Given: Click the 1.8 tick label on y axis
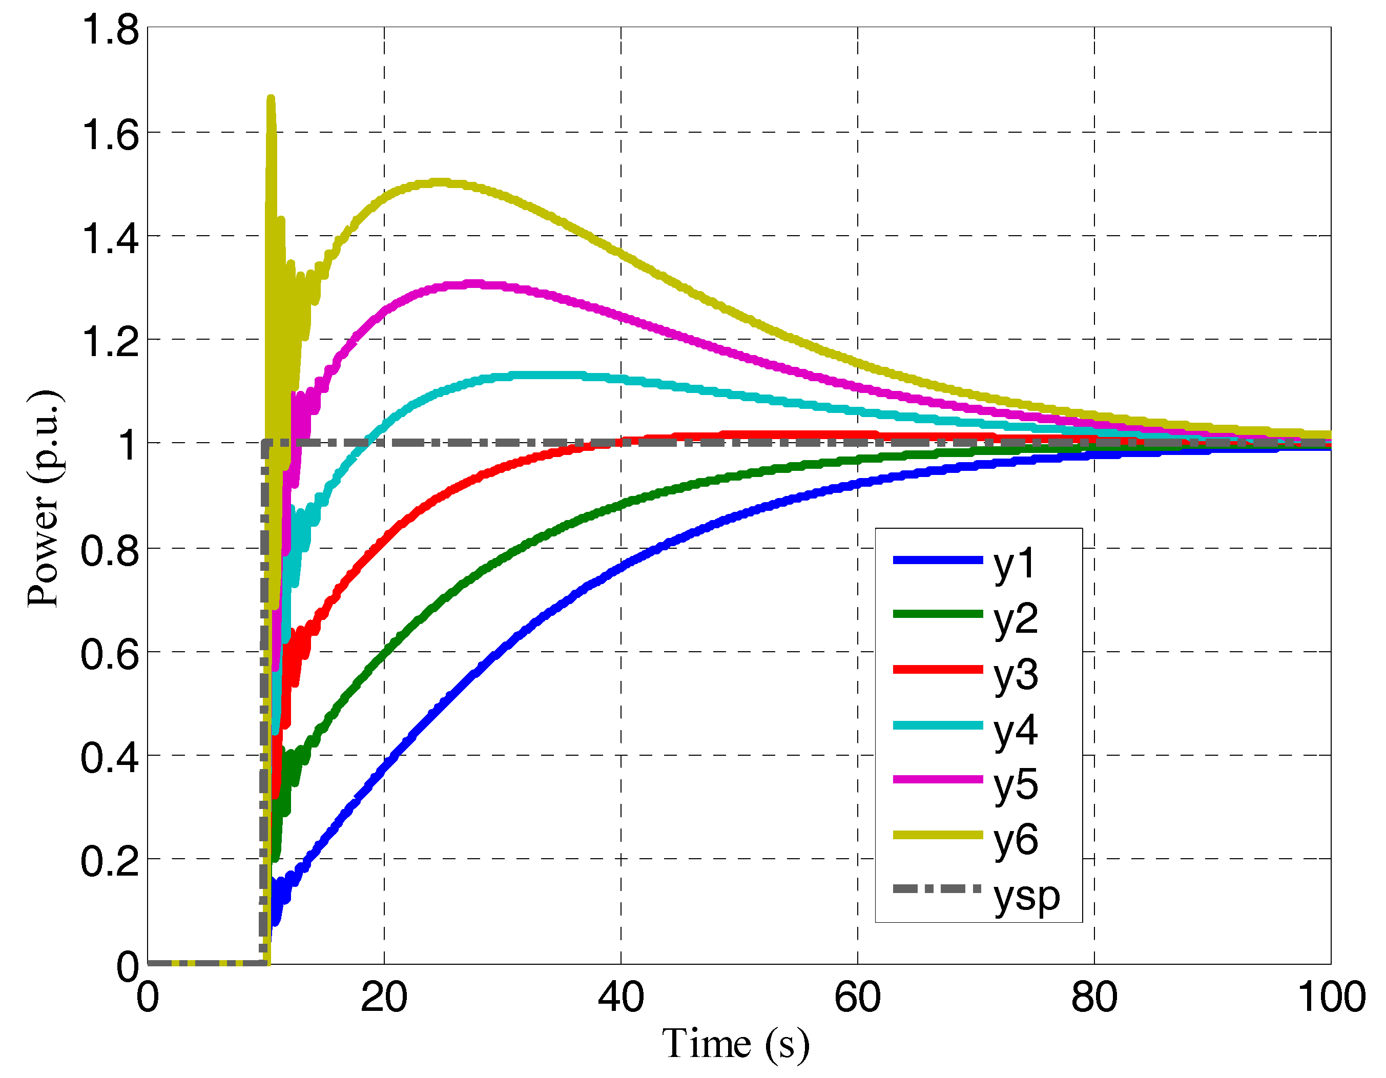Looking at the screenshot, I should pos(109,30).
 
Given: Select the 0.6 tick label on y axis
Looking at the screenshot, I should pos(109,654).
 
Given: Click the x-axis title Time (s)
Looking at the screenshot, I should pos(735,1044).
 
